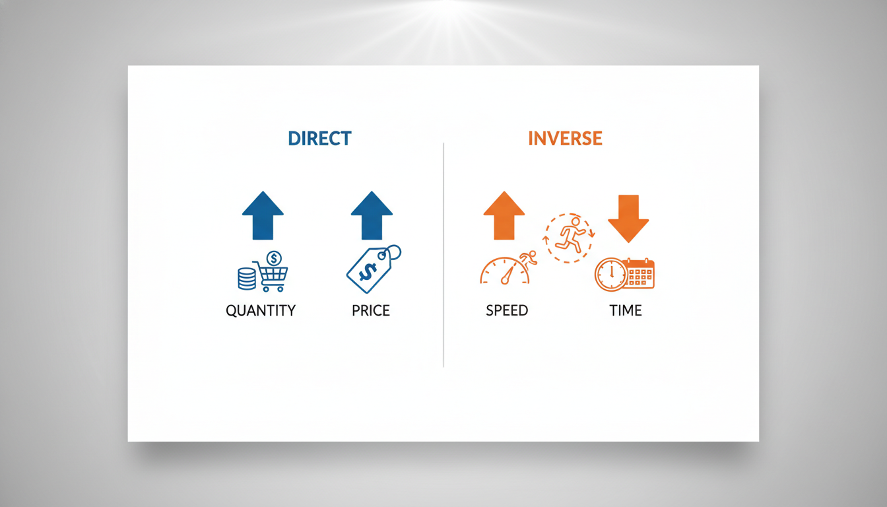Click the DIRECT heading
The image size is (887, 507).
(x=319, y=138)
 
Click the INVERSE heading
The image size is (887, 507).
(x=565, y=138)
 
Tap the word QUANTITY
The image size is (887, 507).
(x=261, y=310)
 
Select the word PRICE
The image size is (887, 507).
(x=371, y=310)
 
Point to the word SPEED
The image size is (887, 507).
(x=507, y=310)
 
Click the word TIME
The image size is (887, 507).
(x=625, y=310)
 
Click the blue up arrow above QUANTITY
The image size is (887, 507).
(x=263, y=216)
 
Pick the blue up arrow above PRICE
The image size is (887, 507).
(x=372, y=216)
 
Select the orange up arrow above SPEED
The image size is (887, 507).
(x=504, y=216)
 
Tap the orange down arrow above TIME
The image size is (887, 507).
(x=628, y=219)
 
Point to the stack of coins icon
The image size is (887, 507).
(x=247, y=279)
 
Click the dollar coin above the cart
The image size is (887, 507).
(x=274, y=259)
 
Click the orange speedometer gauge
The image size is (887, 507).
(x=504, y=271)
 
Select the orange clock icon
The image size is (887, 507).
(x=611, y=275)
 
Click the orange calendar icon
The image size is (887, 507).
(x=639, y=273)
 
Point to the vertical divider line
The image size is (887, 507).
(x=443, y=255)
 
